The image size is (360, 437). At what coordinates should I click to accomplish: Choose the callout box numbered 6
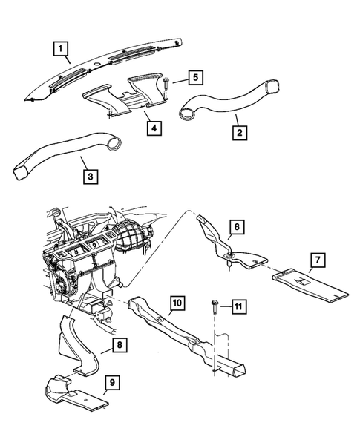[x=235, y=227]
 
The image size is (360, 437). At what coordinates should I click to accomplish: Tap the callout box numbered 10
[x=178, y=303]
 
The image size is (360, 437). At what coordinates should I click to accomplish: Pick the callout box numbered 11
[x=238, y=306]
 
